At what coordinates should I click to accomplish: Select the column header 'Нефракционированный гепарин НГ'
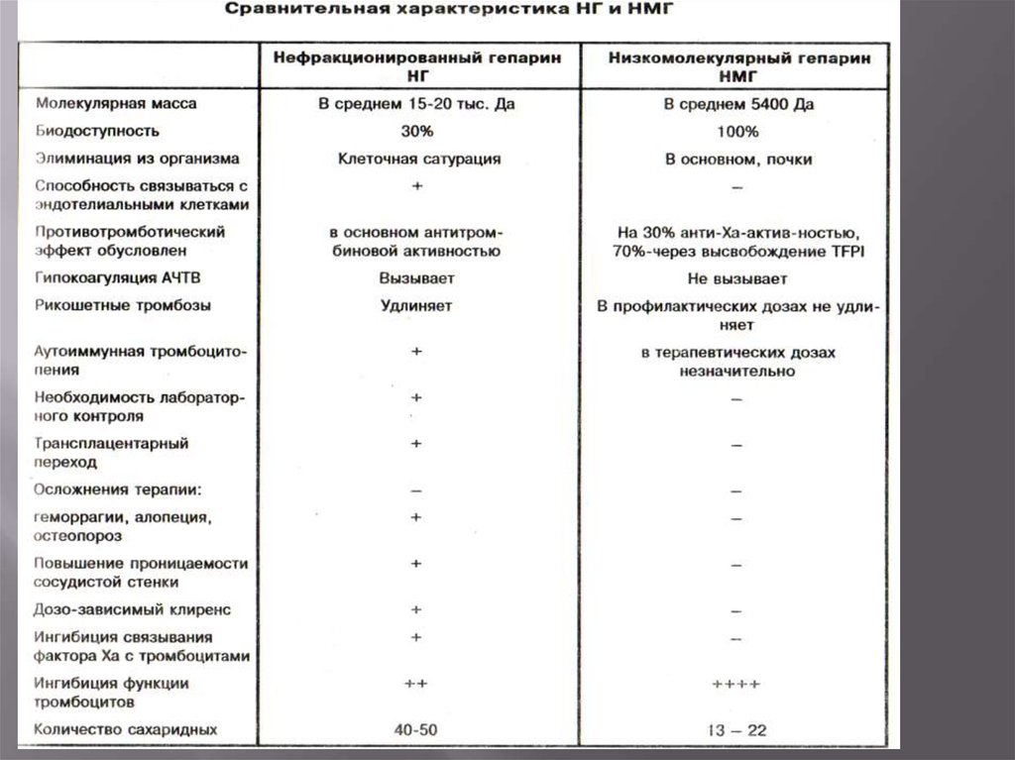(x=416, y=66)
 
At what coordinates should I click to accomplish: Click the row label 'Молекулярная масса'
(x=116, y=103)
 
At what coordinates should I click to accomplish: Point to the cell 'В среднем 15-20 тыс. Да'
(x=416, y=103)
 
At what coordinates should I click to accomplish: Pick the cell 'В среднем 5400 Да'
(x=737, y=103)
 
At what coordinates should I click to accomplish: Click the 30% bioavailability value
(x=416, y=131)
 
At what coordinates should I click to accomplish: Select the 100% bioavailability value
(x=737, y=131)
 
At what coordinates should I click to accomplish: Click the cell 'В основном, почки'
(x=738, y=159)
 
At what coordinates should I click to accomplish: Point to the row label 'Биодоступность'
(x=96, y=131)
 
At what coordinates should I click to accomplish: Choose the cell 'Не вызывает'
(x=737, y=278)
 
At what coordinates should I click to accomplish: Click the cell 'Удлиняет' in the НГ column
(x=416, y=305)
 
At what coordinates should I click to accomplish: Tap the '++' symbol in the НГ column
(x=416, y=685)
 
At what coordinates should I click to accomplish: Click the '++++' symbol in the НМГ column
(x=736, y=685)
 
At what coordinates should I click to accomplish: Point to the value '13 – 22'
(x=736, y=731)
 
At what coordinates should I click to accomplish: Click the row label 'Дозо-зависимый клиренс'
(x=132, y=610)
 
